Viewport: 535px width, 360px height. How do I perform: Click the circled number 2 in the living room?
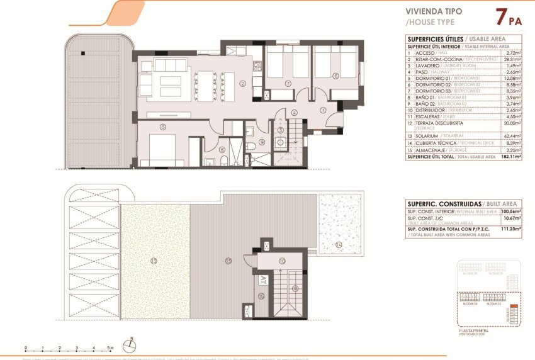[x=242, y=83]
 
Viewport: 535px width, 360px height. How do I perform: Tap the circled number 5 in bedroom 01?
[x=162, y=127]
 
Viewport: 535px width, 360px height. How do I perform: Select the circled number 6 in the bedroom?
[x=336, y=76]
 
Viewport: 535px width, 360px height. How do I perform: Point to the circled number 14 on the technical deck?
[x=338, y=244]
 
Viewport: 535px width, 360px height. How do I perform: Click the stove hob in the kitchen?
[x=257, y=65]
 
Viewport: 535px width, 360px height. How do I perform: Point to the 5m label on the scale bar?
[x=110, y=348]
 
